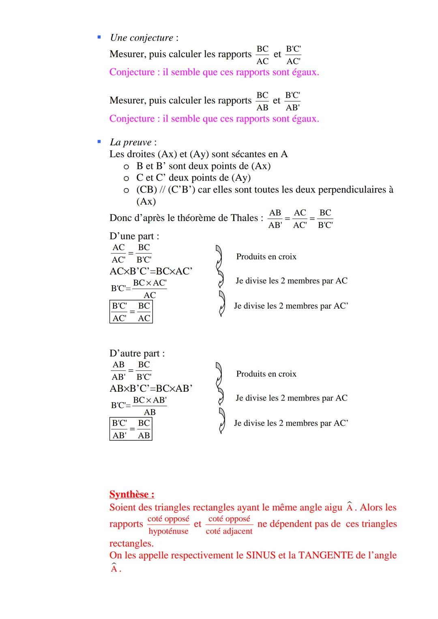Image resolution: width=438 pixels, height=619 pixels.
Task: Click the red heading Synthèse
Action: [x=131, y=494]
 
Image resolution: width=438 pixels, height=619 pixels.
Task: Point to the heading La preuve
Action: [x=131, y=142]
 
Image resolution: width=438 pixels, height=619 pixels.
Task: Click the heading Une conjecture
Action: [x=142, y=38]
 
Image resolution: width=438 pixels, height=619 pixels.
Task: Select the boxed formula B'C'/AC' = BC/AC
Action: [x=131, y=312]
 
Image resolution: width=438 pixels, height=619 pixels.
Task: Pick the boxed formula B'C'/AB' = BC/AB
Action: [x=131, y=429]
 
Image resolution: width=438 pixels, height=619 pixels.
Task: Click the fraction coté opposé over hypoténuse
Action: [x=168, y=525]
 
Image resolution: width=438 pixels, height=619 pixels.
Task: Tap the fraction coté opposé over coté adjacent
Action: [x=229, y=525]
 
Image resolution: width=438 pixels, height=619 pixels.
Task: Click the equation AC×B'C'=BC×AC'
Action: [x=151, y=271]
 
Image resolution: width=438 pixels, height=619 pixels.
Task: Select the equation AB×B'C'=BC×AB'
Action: [x=151, y=388]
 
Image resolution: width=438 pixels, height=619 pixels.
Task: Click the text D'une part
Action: [x=134, y=236]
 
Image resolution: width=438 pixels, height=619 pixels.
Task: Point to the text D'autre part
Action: [x=137, y=353]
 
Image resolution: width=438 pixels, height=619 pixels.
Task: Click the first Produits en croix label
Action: [x=266, y=256]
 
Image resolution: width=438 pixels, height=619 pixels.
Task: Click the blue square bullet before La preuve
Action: [x=99, y=142]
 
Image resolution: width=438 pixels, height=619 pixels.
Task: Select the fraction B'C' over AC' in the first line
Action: [x=293, y=55]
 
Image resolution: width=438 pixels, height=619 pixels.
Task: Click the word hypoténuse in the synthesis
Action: [x=168, y=531]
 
